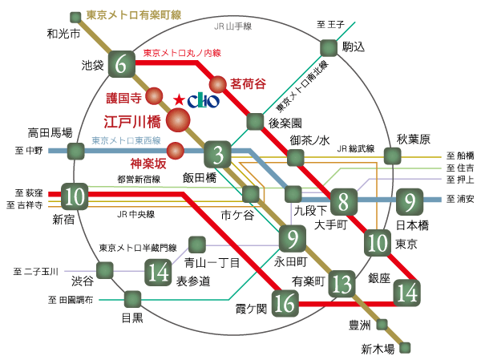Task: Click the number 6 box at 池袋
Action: [122, 65]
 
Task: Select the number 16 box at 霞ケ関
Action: [285, 302]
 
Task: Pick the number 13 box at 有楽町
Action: [342, 282]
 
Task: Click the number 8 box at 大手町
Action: [342, 200]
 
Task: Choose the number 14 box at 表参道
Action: [157, 273]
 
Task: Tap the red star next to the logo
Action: [177, 99]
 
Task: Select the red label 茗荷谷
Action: [248, 83]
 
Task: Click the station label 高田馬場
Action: [50, 132]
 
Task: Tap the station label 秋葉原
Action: [413, 136]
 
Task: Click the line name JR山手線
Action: [233, 26]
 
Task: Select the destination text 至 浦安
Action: [460, 199]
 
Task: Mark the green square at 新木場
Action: [406, 347]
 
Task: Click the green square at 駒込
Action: [328, 47]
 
